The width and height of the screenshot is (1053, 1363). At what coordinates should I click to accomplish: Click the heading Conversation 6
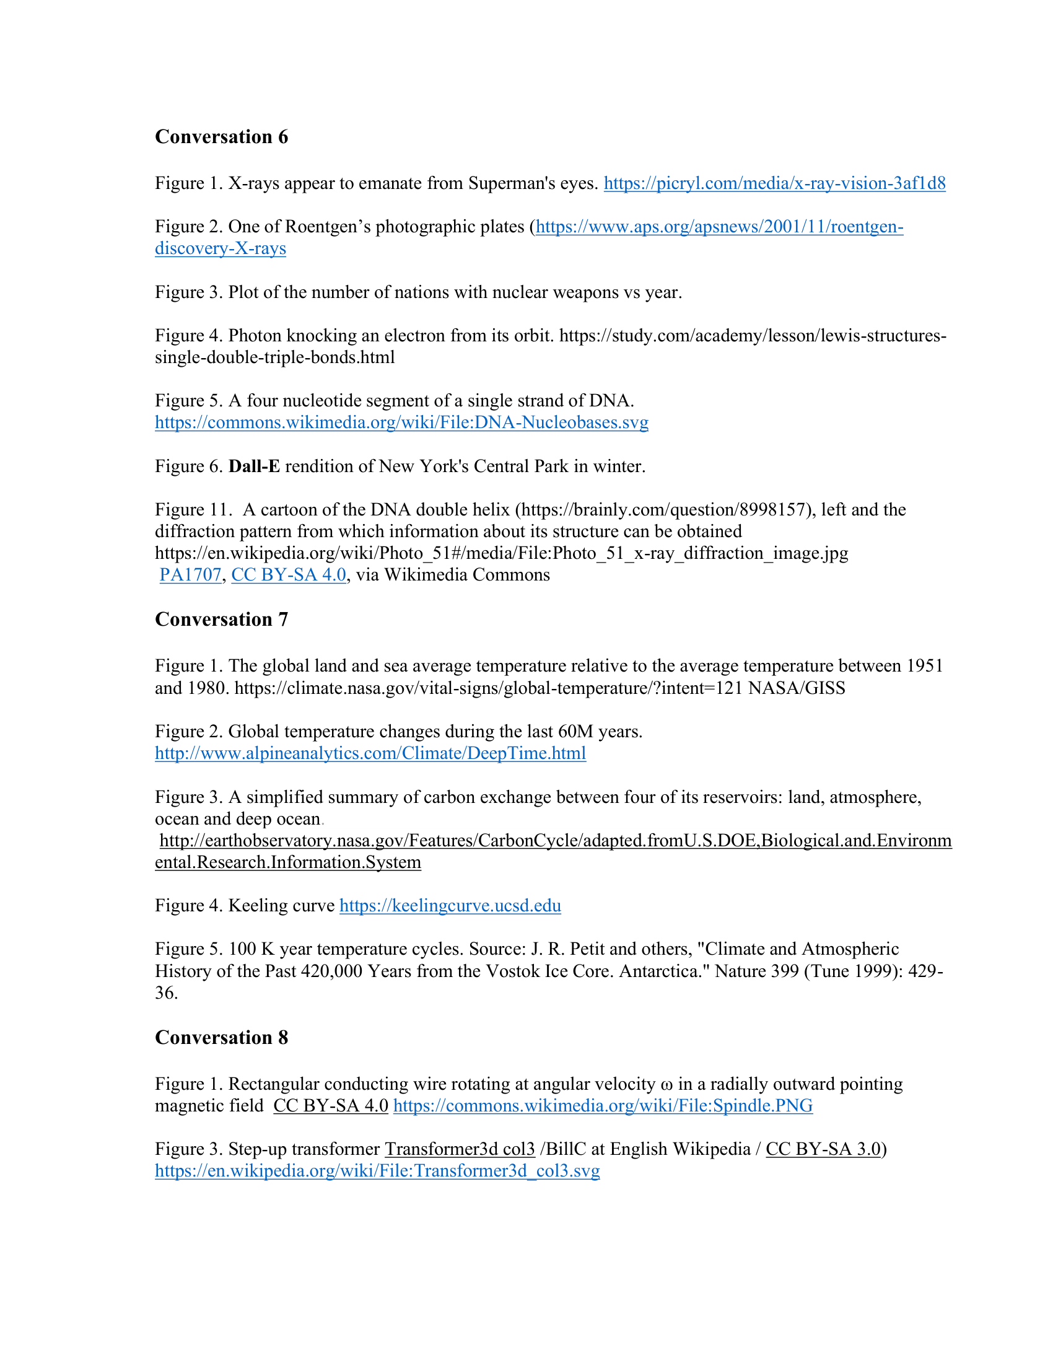[222, 137]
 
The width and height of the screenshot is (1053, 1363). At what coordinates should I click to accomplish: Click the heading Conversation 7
[222, 619]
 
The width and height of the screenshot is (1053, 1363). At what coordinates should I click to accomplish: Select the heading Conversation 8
[222, 1037]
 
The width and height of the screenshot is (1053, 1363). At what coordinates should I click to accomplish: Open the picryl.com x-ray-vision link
[774, 183]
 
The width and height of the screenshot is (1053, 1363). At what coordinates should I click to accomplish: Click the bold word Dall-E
[255, 467]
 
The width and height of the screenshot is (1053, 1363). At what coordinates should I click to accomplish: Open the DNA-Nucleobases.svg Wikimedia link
[402, 423]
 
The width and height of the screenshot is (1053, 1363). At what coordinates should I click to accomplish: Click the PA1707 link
[190, 575]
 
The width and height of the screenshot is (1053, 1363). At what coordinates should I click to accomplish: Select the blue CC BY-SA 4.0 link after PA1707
[289, 575]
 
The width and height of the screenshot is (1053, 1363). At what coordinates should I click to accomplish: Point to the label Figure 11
[193, 510]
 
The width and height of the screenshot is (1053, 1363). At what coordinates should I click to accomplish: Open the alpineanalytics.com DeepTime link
[370, 753]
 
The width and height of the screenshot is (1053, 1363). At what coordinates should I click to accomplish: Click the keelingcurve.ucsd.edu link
[450, 906]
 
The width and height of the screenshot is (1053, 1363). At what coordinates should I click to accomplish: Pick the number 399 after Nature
[782, 971]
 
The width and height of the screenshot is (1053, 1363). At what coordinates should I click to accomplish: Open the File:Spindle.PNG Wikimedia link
[603, 1106]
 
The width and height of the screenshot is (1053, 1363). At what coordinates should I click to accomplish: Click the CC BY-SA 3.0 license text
[823, 1149]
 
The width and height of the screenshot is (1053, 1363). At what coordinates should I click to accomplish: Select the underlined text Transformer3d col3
[460, 1149]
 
